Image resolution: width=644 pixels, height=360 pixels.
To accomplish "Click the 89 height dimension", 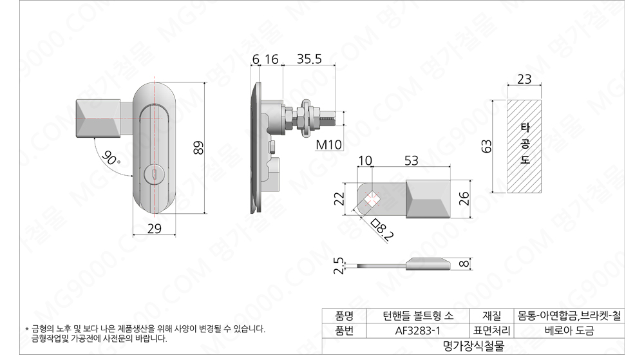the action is click(x=198, y=147).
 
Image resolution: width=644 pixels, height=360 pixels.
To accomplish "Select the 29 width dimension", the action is click(x=154, y=229).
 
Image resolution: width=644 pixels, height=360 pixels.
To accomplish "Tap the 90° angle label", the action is click(x=110, y=158).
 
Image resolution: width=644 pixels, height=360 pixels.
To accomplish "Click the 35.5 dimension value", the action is click(x=309, y=59).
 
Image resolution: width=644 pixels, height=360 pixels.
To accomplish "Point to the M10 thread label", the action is click(x=328, y=144).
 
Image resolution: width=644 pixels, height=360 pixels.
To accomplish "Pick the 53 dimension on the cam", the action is click(x=411, y=160).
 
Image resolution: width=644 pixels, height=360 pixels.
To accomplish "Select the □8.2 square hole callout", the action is click(x=381, y=229).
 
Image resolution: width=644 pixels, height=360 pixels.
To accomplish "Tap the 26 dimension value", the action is click(x=464, y=199).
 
